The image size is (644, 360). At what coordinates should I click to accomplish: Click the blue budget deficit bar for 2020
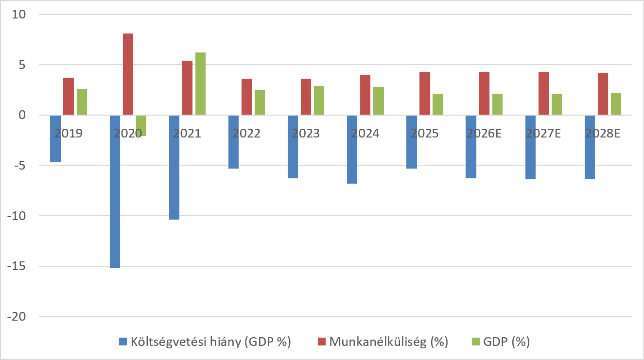point(115,191)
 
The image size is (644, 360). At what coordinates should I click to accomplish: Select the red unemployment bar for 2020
point(128,74)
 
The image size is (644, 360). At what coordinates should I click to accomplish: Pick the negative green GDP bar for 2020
point(141,125)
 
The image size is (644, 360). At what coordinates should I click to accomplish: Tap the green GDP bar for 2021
point(200,84)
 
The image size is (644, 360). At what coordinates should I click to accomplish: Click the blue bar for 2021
point(174,168)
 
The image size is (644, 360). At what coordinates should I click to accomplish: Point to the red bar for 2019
point(69,96)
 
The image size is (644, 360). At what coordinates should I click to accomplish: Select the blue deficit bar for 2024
point(352,150)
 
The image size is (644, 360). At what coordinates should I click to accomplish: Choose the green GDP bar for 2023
point(319,101)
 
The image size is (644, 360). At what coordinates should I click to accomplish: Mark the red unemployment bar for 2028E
point(603,94)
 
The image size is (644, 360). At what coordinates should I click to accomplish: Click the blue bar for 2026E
point(471,147)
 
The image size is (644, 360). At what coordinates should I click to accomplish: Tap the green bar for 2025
point(438,104)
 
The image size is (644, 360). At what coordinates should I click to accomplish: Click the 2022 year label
point(246,133)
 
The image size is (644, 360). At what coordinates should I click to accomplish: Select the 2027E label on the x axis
point(543,133)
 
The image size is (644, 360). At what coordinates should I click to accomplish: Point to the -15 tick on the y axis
point(17,266)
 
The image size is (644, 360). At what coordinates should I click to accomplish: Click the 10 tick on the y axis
point(18,15)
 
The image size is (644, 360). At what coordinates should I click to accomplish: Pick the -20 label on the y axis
point(17,317)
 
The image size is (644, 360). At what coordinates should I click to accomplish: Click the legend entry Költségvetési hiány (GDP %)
point(205,342)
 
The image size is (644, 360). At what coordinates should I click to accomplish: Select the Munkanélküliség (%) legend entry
point(383,342)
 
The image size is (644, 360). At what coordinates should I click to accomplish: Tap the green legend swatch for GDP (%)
point(476,342)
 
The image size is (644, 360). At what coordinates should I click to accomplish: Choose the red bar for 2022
point(247,97)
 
